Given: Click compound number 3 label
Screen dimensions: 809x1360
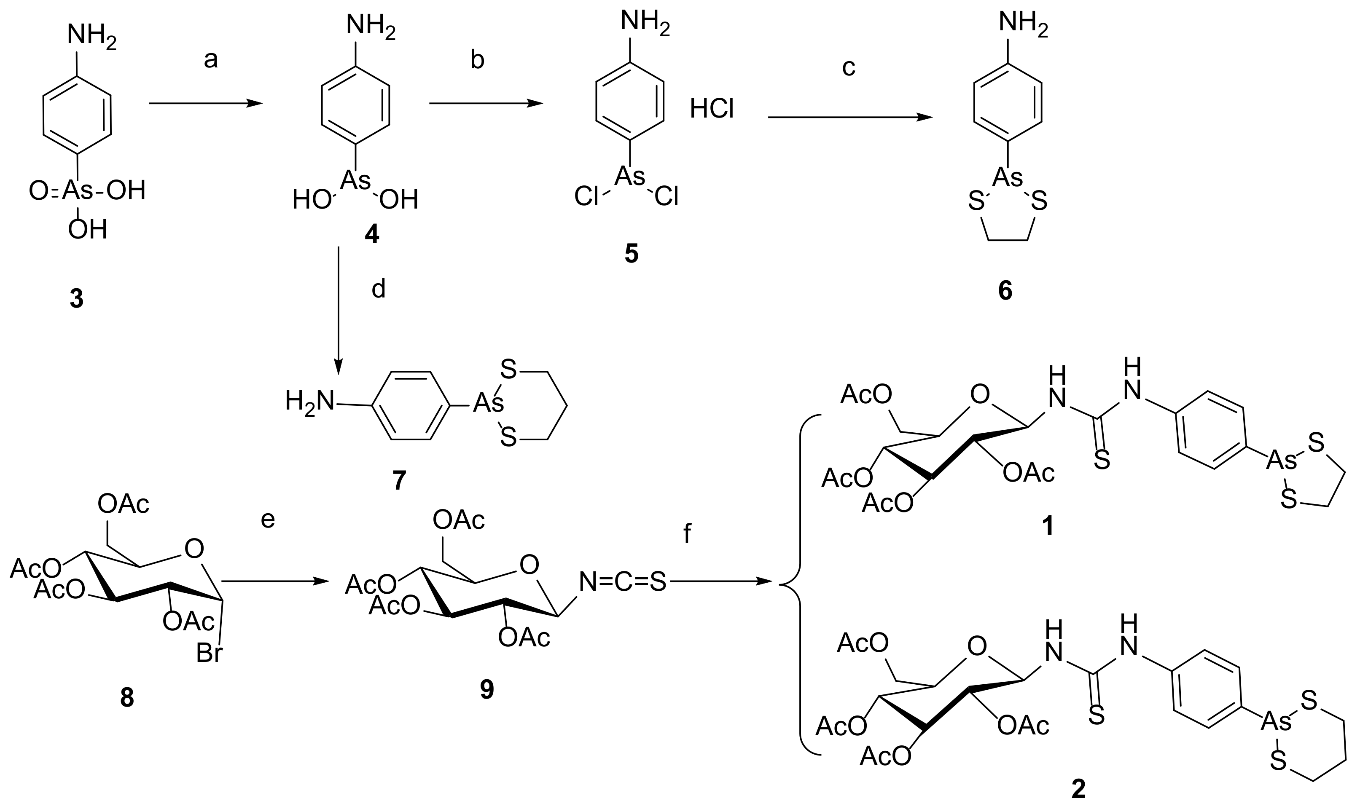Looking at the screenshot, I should tap(76, 299).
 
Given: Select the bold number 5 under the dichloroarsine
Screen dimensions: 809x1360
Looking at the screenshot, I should tap(631, 254).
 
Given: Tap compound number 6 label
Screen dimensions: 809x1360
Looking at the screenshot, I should tap(1005, 291).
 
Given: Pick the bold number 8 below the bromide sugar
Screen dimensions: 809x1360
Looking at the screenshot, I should tap(126, 698).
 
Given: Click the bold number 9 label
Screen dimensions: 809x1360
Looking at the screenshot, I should tap(486, 690).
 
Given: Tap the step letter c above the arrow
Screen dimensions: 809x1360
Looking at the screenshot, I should tap(849, 67).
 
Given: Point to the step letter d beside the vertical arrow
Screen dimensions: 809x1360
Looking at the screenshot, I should tap(379, 288).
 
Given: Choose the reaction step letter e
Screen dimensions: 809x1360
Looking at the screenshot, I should tap(268, 519).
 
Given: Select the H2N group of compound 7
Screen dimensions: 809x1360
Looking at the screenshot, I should tap(309, 402).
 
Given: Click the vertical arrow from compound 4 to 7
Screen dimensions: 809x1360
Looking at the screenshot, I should tap(339, 311).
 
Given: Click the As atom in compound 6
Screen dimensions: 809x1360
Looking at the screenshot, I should tap(1007, 177).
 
